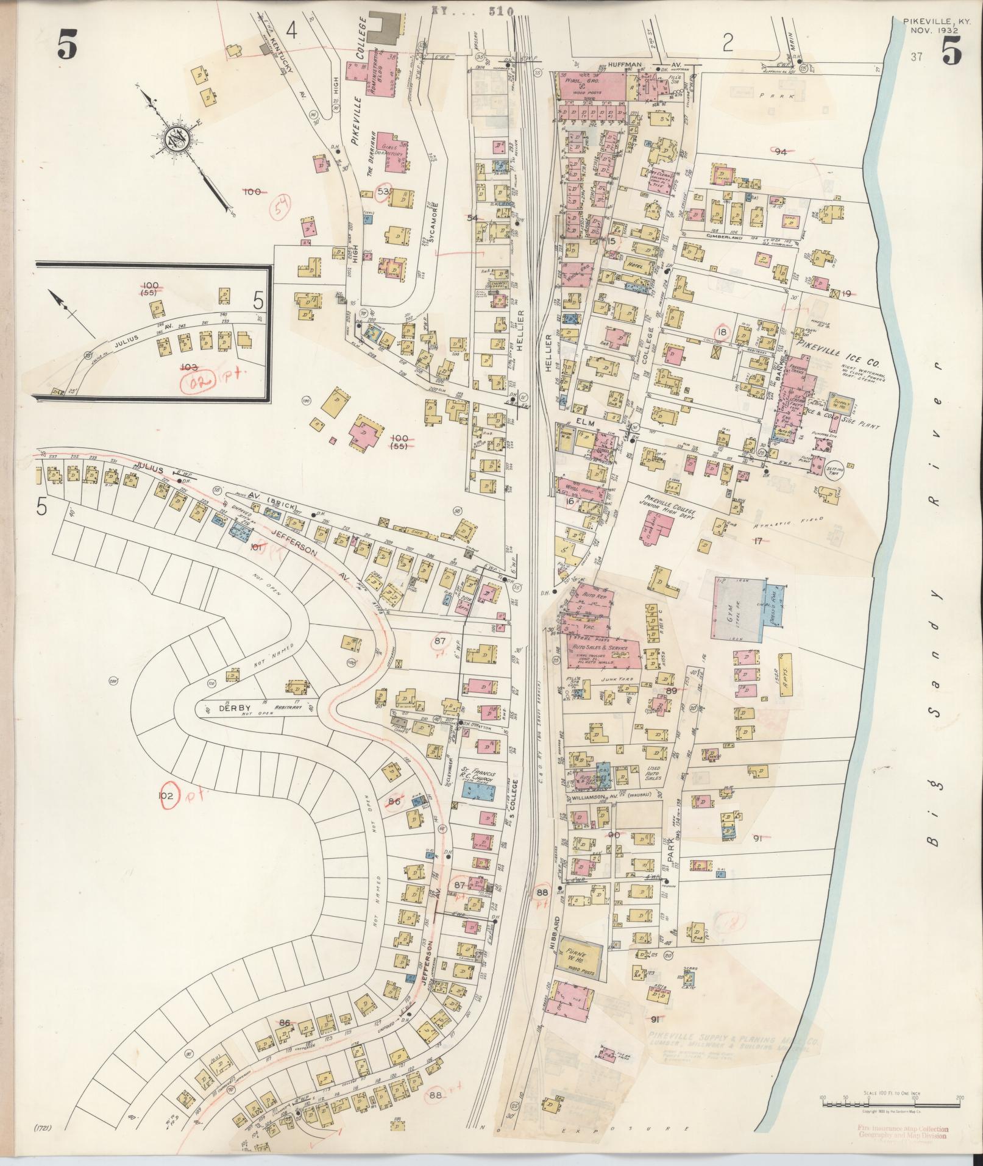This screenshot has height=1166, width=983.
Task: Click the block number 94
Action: tap(781, 152)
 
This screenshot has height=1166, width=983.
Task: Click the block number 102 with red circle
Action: tap(168, 796)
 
